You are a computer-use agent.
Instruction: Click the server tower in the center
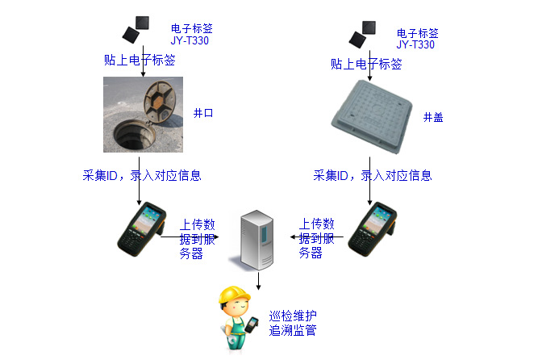(x=258, y=239)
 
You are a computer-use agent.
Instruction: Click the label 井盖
(x=433, y=118)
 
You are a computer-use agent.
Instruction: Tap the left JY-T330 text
(x=190, y=40)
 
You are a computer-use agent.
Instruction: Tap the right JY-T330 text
(x=416, y=45)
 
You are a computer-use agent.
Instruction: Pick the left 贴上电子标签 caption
(x=140, y=61)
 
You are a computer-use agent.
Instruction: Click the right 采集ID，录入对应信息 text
(x=372, y=175)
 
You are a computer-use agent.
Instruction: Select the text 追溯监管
(x=292, y=330)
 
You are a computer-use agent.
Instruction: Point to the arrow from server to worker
(x=258, y=279)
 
